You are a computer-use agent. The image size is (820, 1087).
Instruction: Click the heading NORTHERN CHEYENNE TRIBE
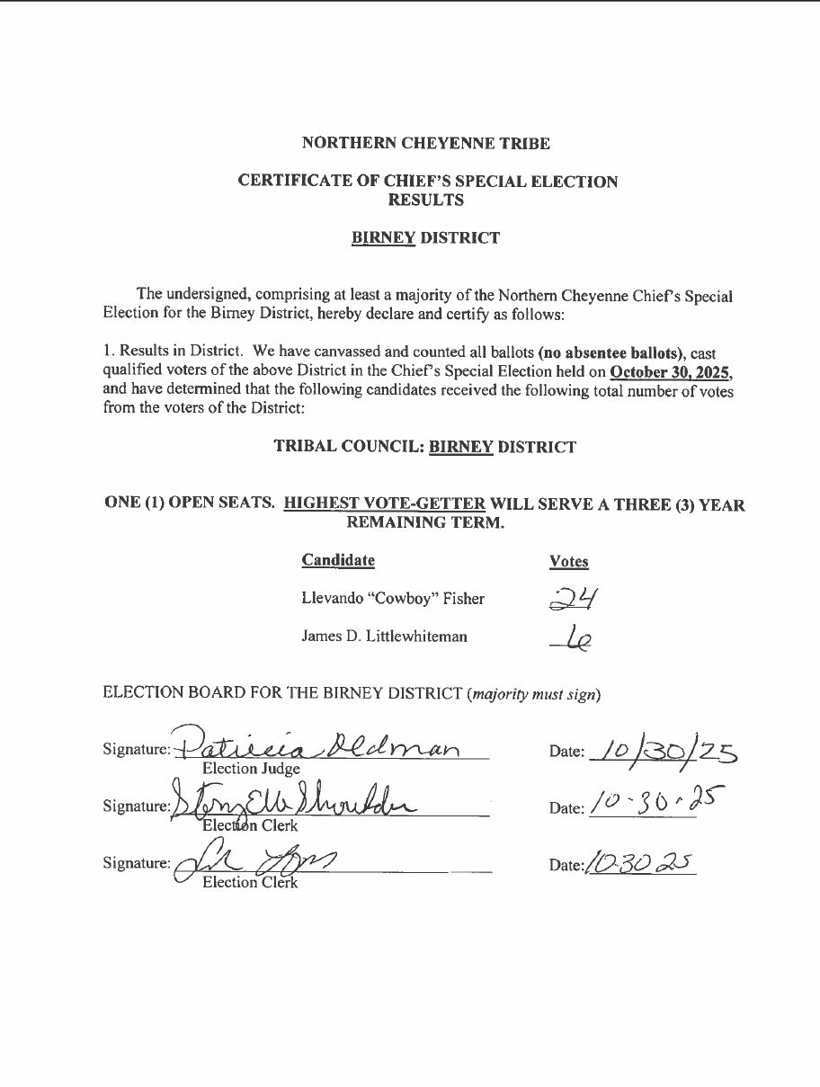pos(425,143)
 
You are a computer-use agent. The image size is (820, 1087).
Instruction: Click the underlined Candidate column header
pos(338,560)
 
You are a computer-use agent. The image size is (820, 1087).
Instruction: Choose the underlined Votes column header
pos(568,562)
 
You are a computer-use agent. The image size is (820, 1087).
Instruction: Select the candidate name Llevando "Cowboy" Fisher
pos(393,599)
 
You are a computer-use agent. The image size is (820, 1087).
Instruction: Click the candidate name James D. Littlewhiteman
pos(385,637)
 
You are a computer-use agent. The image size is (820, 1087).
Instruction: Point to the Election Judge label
pos(251,769)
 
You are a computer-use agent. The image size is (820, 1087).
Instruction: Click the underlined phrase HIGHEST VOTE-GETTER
pos(385,504)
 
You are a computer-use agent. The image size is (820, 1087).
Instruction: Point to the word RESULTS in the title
pos(426,200)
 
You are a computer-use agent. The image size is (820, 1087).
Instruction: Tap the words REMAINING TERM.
pos(425,522)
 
